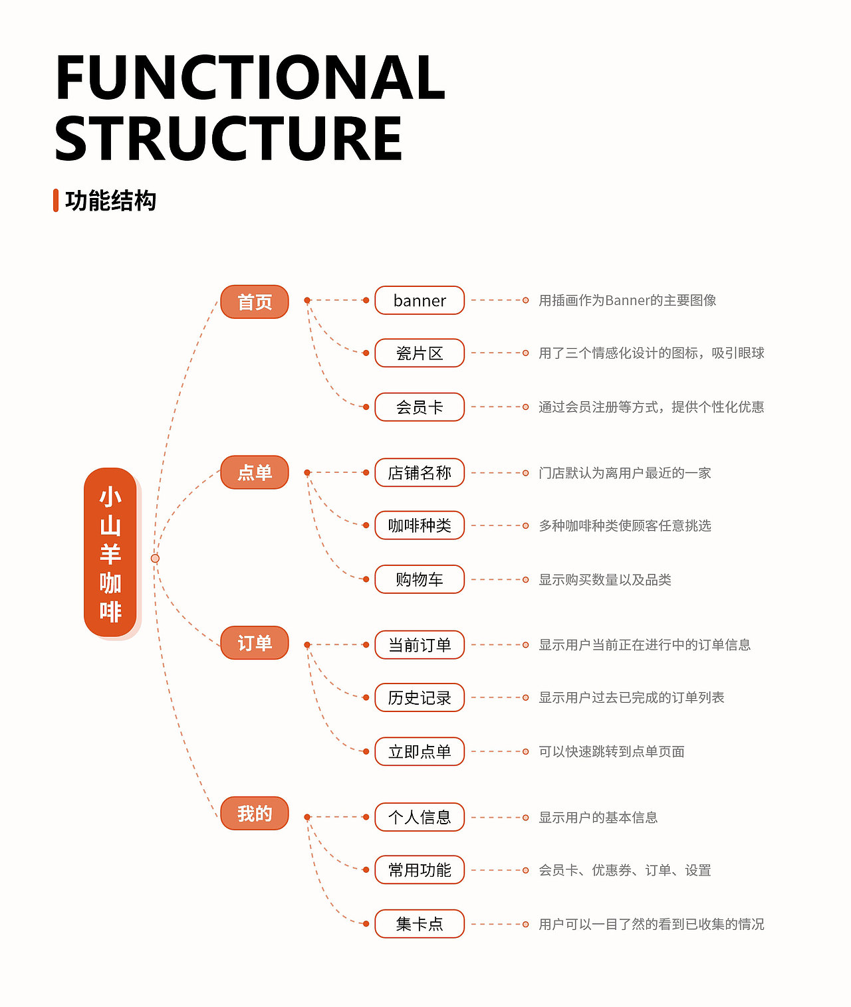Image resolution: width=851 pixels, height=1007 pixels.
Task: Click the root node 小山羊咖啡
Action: pyautogui.click(x=110, y=553)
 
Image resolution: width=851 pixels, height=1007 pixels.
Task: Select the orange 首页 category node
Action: pyautogui.click(x=255, y=302)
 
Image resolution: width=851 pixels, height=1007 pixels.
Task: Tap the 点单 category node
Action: pyautogui.click(x=255, y=472)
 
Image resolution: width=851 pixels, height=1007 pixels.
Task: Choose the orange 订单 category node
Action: pyautogui.click(x=255, y=643)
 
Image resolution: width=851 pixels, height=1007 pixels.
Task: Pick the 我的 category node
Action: pyautogui.click(x=255, y=814)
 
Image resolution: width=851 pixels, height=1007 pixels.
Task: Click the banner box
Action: pyautogui.click(x=420, y=300)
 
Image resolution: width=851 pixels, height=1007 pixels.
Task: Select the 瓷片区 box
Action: pyautogui.click(x=420, y=353)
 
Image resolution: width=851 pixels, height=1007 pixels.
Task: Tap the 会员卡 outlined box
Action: pyautogui.click(x=420, y=407)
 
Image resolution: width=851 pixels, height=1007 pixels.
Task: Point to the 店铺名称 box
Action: pyautogui.click(x=420, y=472)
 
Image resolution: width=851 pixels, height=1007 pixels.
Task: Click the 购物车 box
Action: pyautogui.click(x=420, y=579)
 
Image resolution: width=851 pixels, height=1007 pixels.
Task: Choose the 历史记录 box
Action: pyautogui.click(x=420, y=697)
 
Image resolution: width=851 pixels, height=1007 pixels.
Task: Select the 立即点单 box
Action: pyautogui.click(x=420, y=751)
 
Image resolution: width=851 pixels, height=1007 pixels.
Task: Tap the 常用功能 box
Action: pyautogui.click(x=420, y=870)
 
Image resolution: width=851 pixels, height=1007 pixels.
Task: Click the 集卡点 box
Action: pyautogui.click(x=420, y=923)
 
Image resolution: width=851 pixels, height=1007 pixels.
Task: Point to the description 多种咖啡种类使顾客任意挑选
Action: pyautogui.click(x=625, y=525)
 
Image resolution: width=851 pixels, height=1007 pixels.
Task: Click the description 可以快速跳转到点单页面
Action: pyautogui.click(x=612, y=751)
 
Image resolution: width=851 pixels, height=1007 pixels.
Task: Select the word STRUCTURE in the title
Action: pyautogui.click(x=229, y=138)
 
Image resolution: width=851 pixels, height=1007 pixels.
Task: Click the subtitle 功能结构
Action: pyautogui.click(x=111, y=201)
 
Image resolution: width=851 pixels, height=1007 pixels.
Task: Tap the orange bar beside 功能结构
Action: pyautogui.click(x=56, y=201)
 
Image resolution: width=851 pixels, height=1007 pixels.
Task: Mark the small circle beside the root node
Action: pyautogui.click(x=155, y=558)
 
